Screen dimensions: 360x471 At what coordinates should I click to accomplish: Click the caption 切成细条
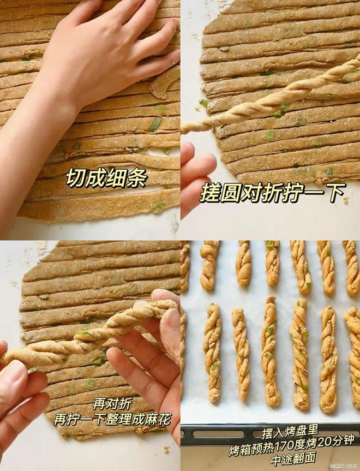pos(106,178)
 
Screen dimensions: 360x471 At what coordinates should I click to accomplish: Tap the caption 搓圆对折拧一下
pos(272,193)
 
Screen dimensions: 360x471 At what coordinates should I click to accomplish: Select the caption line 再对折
pos(112,404)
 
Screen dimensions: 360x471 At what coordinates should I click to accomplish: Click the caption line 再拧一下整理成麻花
pos(112,419)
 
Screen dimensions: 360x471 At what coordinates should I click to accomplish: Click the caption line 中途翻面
pos(293,458)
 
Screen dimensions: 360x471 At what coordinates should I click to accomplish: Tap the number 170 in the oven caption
pos(285,446)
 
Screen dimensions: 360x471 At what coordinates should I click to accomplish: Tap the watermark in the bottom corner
pos(344,466)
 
